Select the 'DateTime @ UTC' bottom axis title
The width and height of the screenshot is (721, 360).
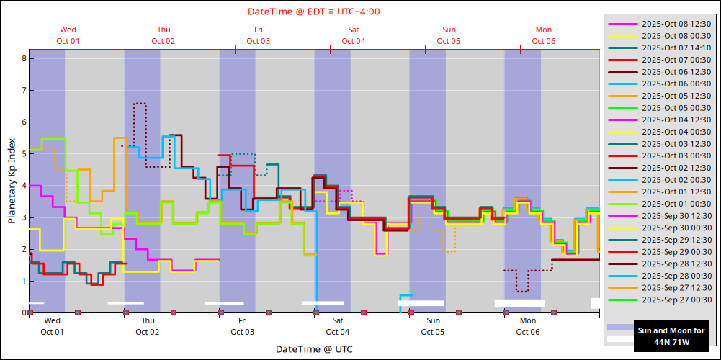(313, 349)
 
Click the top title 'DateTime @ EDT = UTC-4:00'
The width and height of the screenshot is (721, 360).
(313, 12)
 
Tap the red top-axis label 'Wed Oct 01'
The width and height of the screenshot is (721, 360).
(68, 35)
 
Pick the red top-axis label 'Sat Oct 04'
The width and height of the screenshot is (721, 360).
(354, 35)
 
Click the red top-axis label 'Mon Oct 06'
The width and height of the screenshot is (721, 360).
(544, 35)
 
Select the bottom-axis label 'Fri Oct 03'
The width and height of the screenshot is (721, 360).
(242, 326)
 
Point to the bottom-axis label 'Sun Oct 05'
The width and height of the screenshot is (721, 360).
(432, 326)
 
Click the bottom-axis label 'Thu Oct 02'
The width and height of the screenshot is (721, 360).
(147, 326)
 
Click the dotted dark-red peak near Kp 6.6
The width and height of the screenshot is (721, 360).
(140, 103)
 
